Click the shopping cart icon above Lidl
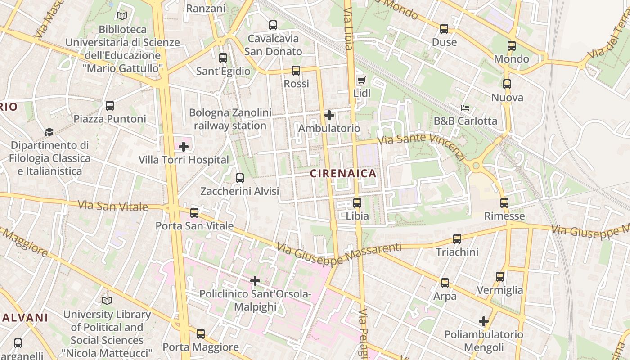click(361, 81)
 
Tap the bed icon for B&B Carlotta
click(465, 108)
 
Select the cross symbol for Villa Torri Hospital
click(184, 147)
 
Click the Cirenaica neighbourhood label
click(343, 173)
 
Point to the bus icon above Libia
click(357, 203)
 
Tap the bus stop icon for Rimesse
click(504, 203)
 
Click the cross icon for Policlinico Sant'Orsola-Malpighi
click(255, 281)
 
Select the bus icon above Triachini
click(457, 239)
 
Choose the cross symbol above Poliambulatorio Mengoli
click(484, 321)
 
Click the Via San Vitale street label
click(113, 207)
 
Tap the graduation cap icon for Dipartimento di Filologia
click(49, 132)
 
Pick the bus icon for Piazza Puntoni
click(110, 106)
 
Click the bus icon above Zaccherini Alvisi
click(240, 178)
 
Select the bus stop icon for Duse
click(444, 29)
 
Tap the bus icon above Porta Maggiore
click(201, 334)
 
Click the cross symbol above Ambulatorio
click(329, 115)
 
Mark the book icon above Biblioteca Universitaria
click(122, 16)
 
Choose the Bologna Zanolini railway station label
click(230, 119)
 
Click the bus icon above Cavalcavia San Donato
click(273, 25)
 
